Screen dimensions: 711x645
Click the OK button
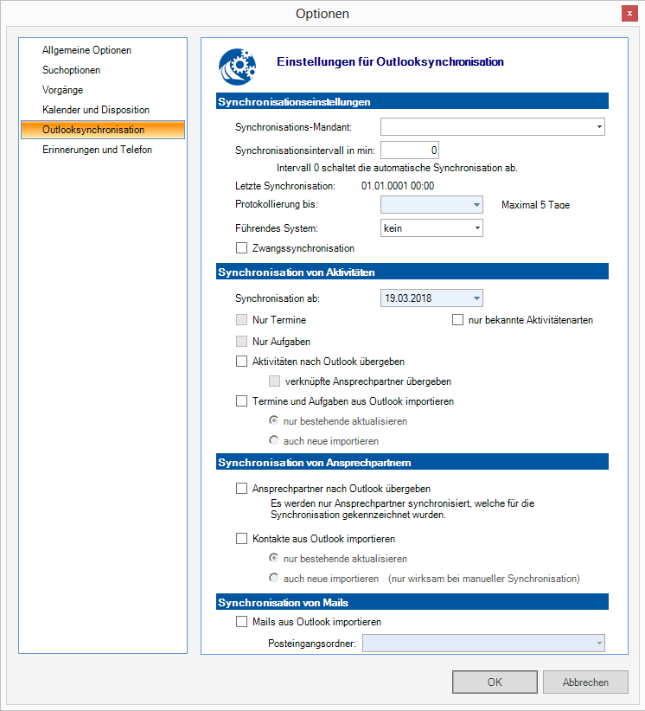pos(494,682)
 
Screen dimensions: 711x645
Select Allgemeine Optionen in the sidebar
pos(86,50)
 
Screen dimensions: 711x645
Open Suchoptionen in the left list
pos(71,70)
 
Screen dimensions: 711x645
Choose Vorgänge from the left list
pos(62,90)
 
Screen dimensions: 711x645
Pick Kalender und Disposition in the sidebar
pos(96,110)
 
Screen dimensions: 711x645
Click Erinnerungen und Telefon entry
pos(97,150)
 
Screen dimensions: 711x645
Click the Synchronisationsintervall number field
pos(411,151)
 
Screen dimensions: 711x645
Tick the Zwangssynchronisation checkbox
pos(241,248)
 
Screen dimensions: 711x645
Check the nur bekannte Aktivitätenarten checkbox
pos(458,320)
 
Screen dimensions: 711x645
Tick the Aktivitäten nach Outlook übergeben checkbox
pos(241,362)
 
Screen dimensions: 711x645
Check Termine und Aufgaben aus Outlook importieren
pos(241,401)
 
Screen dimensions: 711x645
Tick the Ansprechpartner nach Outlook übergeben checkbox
pos(241,489)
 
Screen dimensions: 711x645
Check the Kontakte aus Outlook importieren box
pos(241,539)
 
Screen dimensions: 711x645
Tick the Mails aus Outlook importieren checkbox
pos(241,622)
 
